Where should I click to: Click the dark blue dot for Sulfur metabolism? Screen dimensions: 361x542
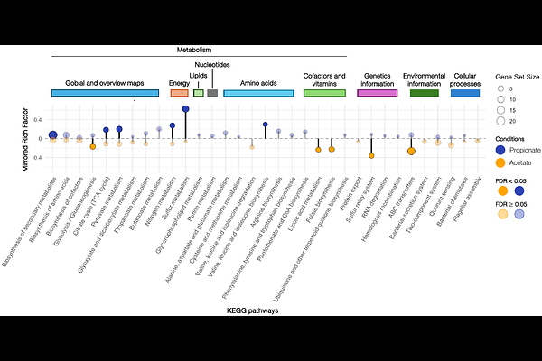point(185,108)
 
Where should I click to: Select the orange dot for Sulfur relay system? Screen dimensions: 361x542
point(371,156)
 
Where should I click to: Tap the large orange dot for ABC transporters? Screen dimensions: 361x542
point(411,151)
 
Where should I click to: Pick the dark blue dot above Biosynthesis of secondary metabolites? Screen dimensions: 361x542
point(53,134)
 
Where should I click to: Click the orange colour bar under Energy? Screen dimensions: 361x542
point(179,93)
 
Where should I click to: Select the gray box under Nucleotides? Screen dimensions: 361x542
point(212,93)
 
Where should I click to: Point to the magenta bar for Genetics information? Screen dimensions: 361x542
point(378,93)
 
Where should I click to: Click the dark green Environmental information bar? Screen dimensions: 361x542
point(425,93)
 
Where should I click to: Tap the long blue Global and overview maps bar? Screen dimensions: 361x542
point(106,93)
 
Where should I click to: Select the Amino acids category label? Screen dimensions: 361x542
point(257,81)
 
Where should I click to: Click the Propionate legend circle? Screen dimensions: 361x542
point(502,149)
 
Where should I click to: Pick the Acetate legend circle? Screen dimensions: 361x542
point(502,162)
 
